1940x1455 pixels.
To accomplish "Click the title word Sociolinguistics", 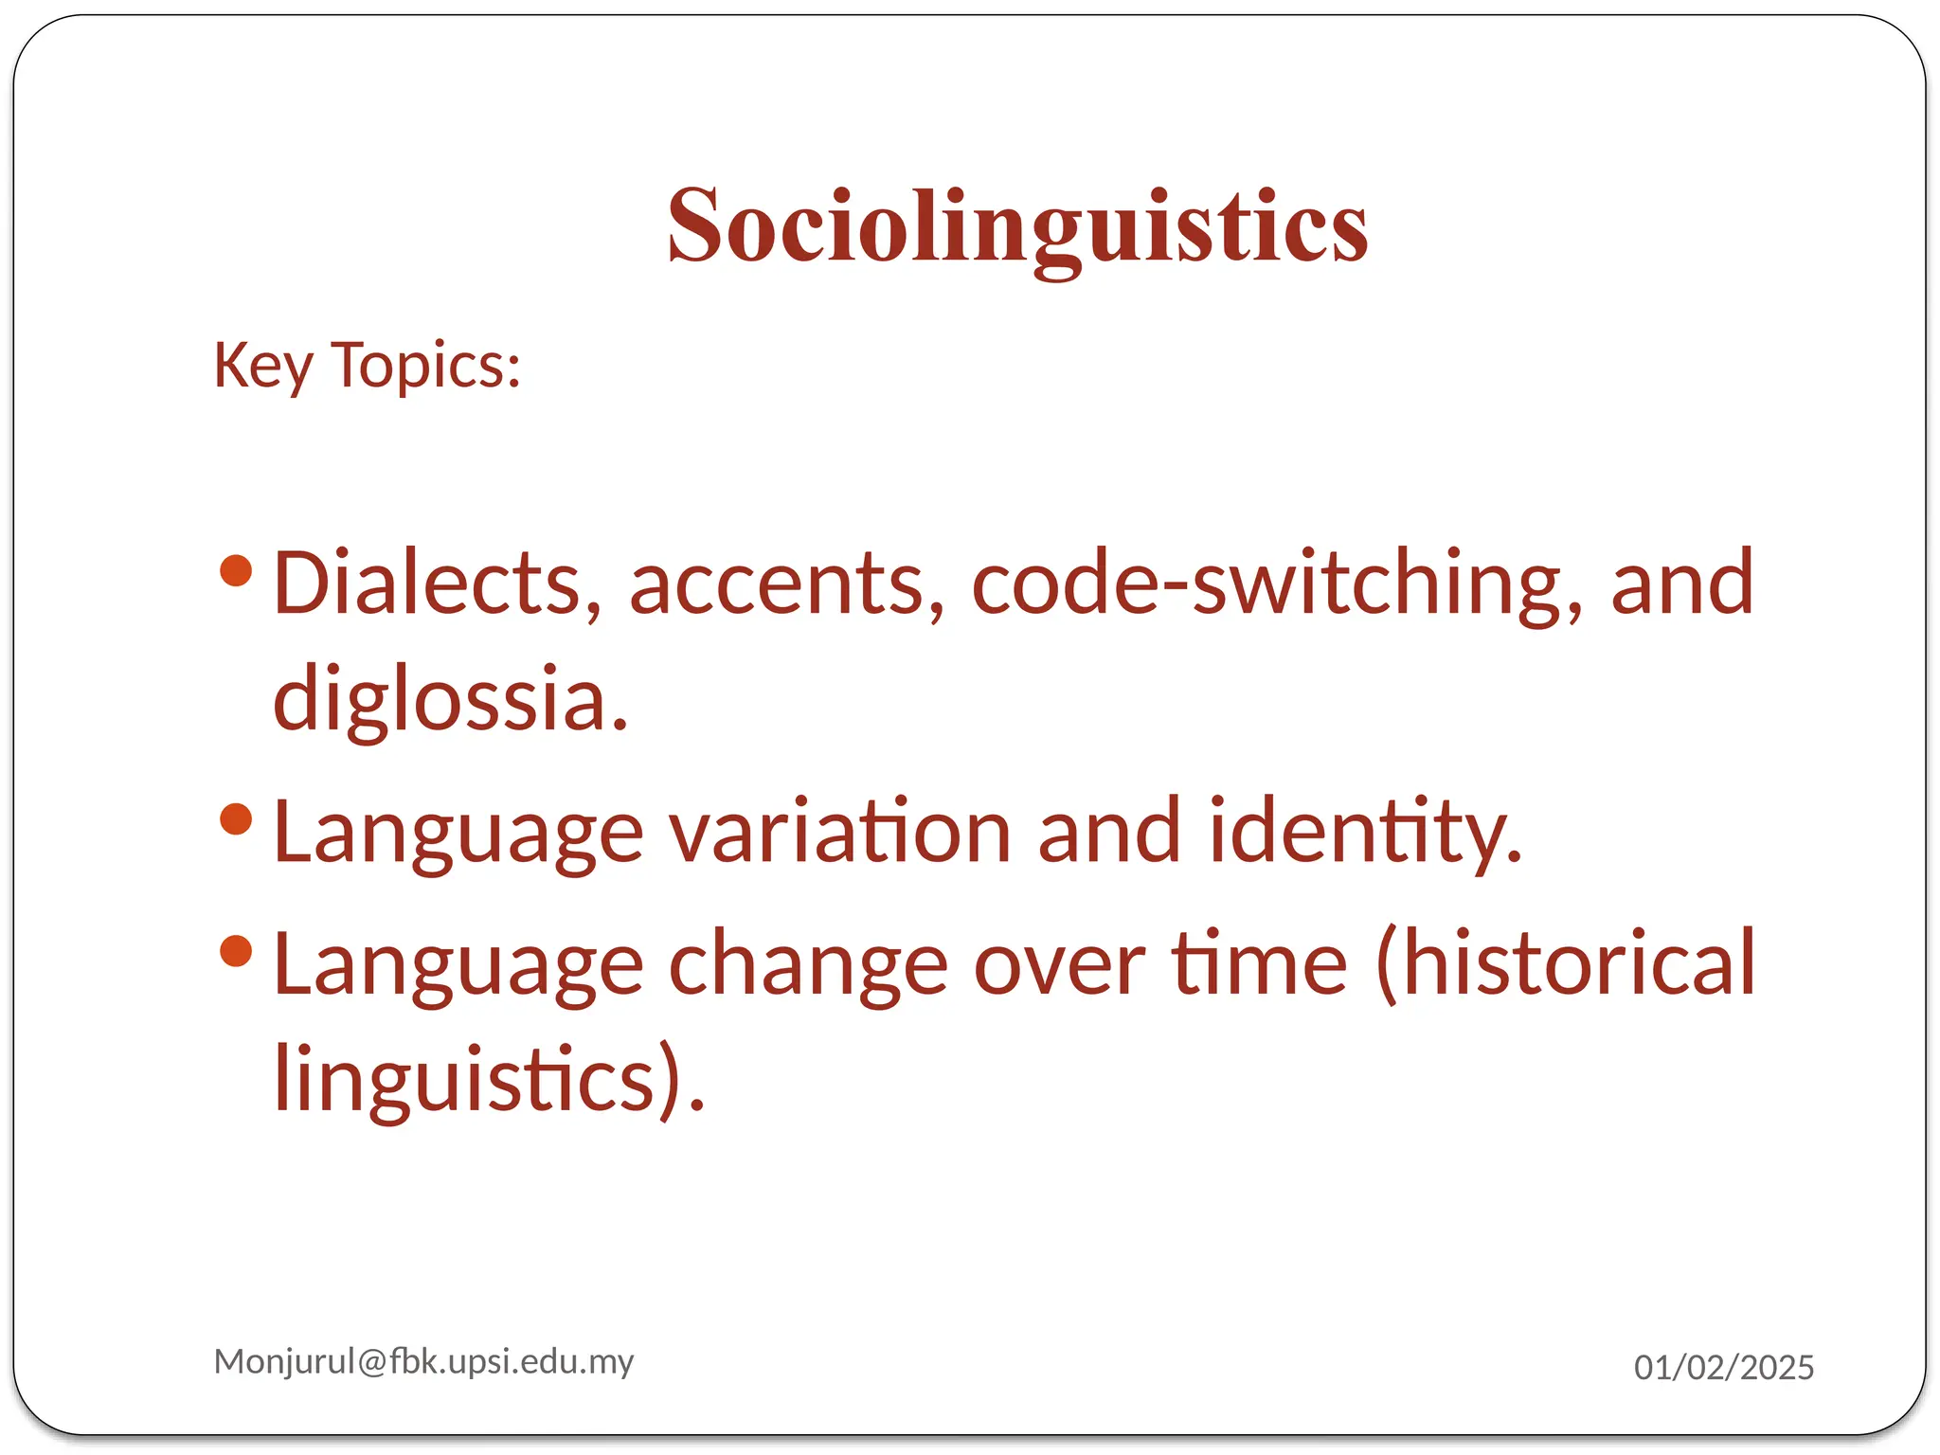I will pyautogui.click(x=1017, y=227).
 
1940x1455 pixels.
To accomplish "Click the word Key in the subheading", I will pyautogui.click(x=262, y=366).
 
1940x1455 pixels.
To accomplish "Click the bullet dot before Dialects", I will pyautogui.click(x=236, y=570).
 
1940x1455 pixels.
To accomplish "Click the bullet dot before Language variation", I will pyautogui.click(x=236, y=818).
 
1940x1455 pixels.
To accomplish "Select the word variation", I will pyautogui.click(x=840, y=832).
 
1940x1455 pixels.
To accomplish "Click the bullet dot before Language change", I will pyautogui.click(x=236, y=950).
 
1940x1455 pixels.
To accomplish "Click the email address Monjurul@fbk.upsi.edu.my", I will pyautogui.click(x=423, y=1361).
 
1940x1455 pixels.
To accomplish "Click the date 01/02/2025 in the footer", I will pyautogui.click(x=1723, y=1367).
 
